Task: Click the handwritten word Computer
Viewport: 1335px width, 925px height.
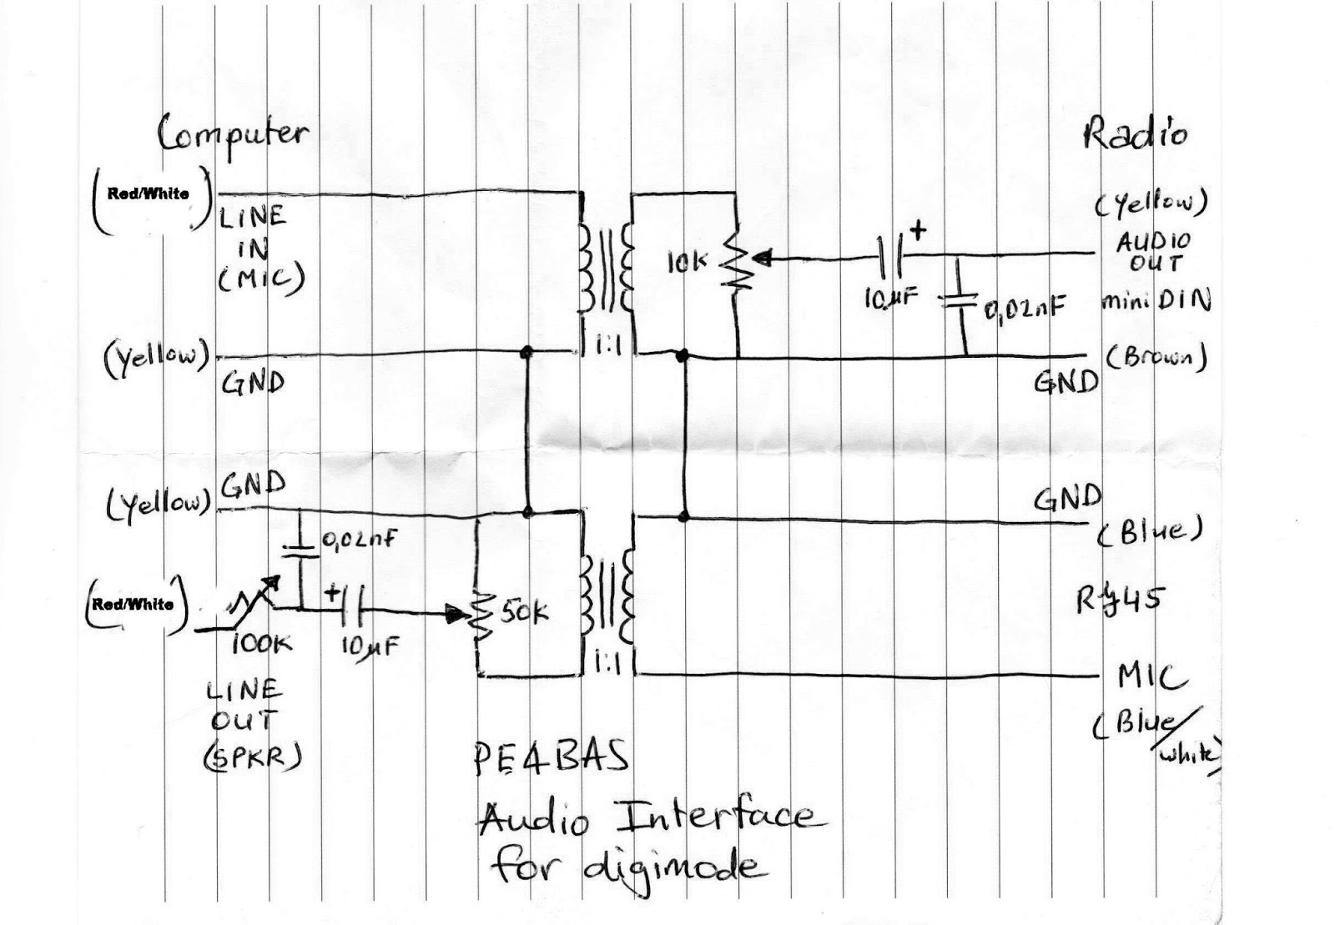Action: pyautogui.click(x=232, y=136)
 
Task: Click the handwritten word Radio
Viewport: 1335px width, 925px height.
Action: pyautogui.click(x=1134, y=133)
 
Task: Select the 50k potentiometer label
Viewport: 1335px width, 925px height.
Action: pyautogui.click(x=525, y=614)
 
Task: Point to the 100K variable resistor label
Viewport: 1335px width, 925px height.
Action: pyautogui.click(x=260, y=643)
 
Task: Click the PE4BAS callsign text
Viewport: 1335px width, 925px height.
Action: pyautogui.click(x=550, y=758)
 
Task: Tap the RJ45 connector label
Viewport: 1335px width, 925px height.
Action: pyautogui.click(x=1119, y=599)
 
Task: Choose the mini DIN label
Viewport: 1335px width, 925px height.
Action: pyautogui.click(x=1155, y=300)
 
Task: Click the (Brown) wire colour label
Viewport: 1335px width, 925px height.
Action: pyautogui.click(x=1156, y=357)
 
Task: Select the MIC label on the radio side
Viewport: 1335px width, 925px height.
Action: pyautogui.click(x=1152, y=678)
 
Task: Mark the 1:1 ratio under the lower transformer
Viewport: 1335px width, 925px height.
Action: pyautogui.click(x=609, y=663)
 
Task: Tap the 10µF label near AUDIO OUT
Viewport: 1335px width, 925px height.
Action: pyautogui.click(x=891, y=298)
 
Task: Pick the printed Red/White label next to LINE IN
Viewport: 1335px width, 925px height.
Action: pyautogui.click(x=148, y=194)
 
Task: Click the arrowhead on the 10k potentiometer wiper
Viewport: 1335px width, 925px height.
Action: pyautogui.click(x=764, y=258)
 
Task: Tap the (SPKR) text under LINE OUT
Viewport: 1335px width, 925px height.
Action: pyautogui.click(x=251, y=755)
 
